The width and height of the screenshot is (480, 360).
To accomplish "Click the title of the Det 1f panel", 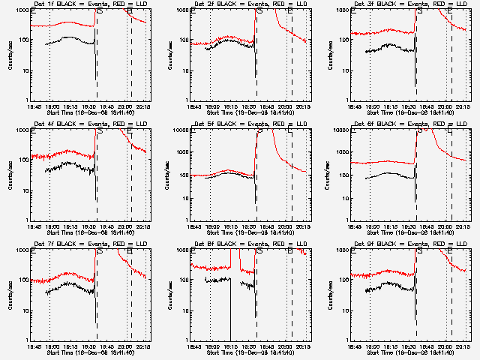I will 89,4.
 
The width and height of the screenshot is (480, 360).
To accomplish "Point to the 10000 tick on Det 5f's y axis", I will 181,130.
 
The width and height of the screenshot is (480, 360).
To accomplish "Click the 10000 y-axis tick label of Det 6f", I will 342,130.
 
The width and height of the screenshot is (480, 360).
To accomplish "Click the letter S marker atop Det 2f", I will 259,10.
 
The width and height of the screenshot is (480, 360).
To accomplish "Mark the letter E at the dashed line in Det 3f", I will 451,10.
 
